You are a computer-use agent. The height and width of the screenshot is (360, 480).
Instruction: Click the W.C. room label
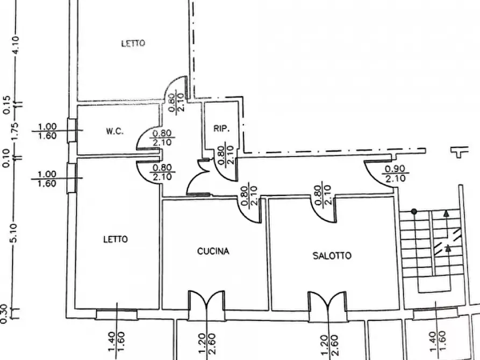115,131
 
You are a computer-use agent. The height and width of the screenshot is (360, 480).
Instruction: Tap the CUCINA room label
213,251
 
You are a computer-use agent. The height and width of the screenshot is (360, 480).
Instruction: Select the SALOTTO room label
332,256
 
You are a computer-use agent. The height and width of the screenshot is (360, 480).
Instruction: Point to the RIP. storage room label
221,128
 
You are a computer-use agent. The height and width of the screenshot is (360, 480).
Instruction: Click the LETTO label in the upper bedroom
133,44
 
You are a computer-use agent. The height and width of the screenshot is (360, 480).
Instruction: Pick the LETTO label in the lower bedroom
116,239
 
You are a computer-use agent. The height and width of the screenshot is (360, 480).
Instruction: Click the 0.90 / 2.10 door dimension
395,173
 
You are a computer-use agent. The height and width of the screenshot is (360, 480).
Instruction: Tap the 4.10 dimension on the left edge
15,45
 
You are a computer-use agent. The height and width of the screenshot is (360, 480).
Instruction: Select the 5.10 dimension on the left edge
15,233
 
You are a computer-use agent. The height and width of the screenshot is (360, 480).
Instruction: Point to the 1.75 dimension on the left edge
15,131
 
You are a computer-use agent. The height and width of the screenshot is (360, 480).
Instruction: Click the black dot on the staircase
414,211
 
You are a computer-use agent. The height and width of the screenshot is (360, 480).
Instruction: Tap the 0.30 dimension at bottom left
4,313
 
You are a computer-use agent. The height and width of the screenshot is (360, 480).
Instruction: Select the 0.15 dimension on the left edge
6,105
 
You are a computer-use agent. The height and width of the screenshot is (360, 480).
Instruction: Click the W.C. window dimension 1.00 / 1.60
47,131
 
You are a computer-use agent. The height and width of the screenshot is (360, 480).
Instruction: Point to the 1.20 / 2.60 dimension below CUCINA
207,343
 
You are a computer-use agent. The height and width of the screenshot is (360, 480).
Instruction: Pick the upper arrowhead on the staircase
446,214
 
